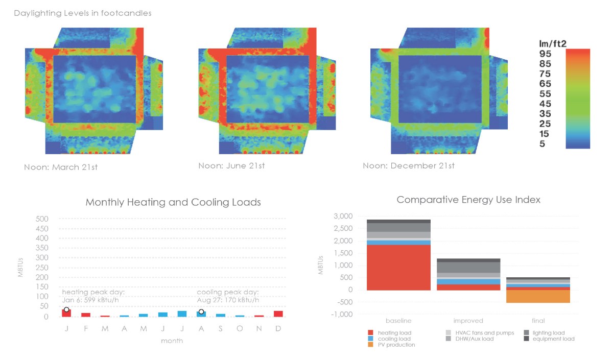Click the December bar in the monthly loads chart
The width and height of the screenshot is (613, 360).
(278, 314)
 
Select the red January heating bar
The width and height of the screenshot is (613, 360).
(66, 313)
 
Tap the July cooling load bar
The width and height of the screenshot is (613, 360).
(182, 314)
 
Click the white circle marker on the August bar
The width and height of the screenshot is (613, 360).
(201, 311)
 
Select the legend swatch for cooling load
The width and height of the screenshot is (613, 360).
(371, 339)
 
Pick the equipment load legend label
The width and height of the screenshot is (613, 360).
(553, 339)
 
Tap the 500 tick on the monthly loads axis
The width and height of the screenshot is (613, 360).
(42, 219)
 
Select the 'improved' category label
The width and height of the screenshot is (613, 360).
(468, 321)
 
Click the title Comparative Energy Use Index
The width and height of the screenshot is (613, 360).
(468, 200)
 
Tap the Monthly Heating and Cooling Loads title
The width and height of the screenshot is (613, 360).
(173, 202)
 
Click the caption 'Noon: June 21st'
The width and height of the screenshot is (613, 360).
(231, 166)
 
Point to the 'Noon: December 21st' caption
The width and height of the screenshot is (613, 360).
(409, 166)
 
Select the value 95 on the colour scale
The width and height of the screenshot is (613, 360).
(545, 54)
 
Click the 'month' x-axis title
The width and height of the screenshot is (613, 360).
(172, 341)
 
